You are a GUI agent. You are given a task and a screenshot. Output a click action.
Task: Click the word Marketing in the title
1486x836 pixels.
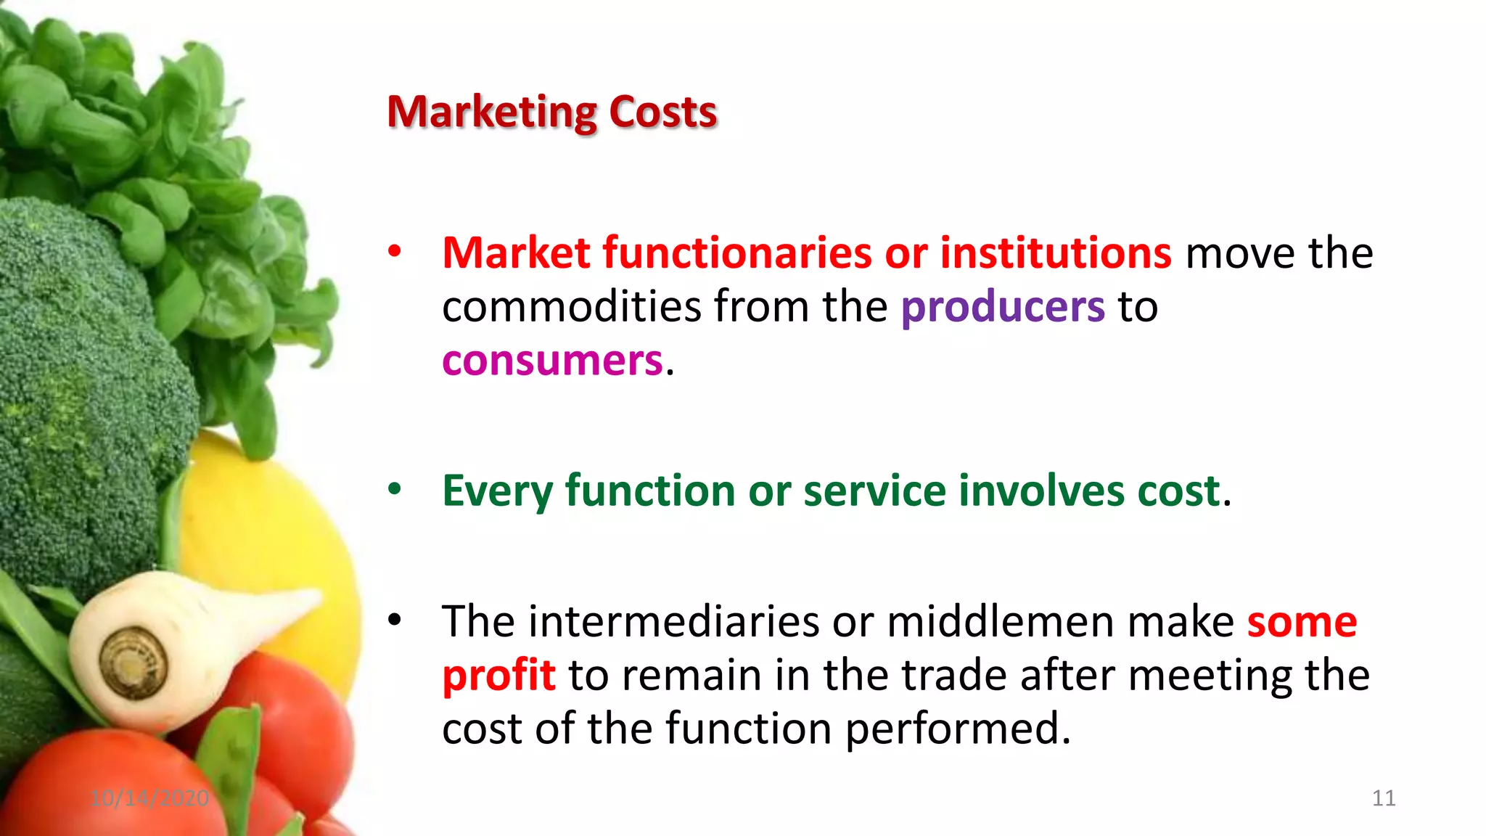(x=491, y=112)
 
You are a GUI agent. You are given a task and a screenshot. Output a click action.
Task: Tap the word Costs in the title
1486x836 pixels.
(x=662, y=112)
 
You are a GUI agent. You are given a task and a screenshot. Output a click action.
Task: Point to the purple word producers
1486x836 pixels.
(x=1003, y=306)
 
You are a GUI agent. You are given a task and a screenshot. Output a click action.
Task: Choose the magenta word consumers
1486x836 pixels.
(x=552, y=360)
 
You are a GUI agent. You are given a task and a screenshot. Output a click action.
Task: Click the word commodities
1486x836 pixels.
(x=571, y=306)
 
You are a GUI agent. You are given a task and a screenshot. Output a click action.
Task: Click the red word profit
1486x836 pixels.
(x=498, y=675)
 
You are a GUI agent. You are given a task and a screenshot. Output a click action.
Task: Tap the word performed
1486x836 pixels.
(x=958, y=729)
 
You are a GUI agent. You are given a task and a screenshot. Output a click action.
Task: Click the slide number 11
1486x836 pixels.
(x=1384, y=798)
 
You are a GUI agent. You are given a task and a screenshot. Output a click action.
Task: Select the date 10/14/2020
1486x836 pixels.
(x=149, y=798)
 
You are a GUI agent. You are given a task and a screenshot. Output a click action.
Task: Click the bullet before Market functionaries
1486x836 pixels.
(x=394, y=252)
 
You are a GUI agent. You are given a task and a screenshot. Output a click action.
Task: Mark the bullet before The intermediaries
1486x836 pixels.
(x=394, y=620)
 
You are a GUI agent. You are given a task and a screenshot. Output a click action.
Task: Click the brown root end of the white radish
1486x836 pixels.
(x=133, y=662)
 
